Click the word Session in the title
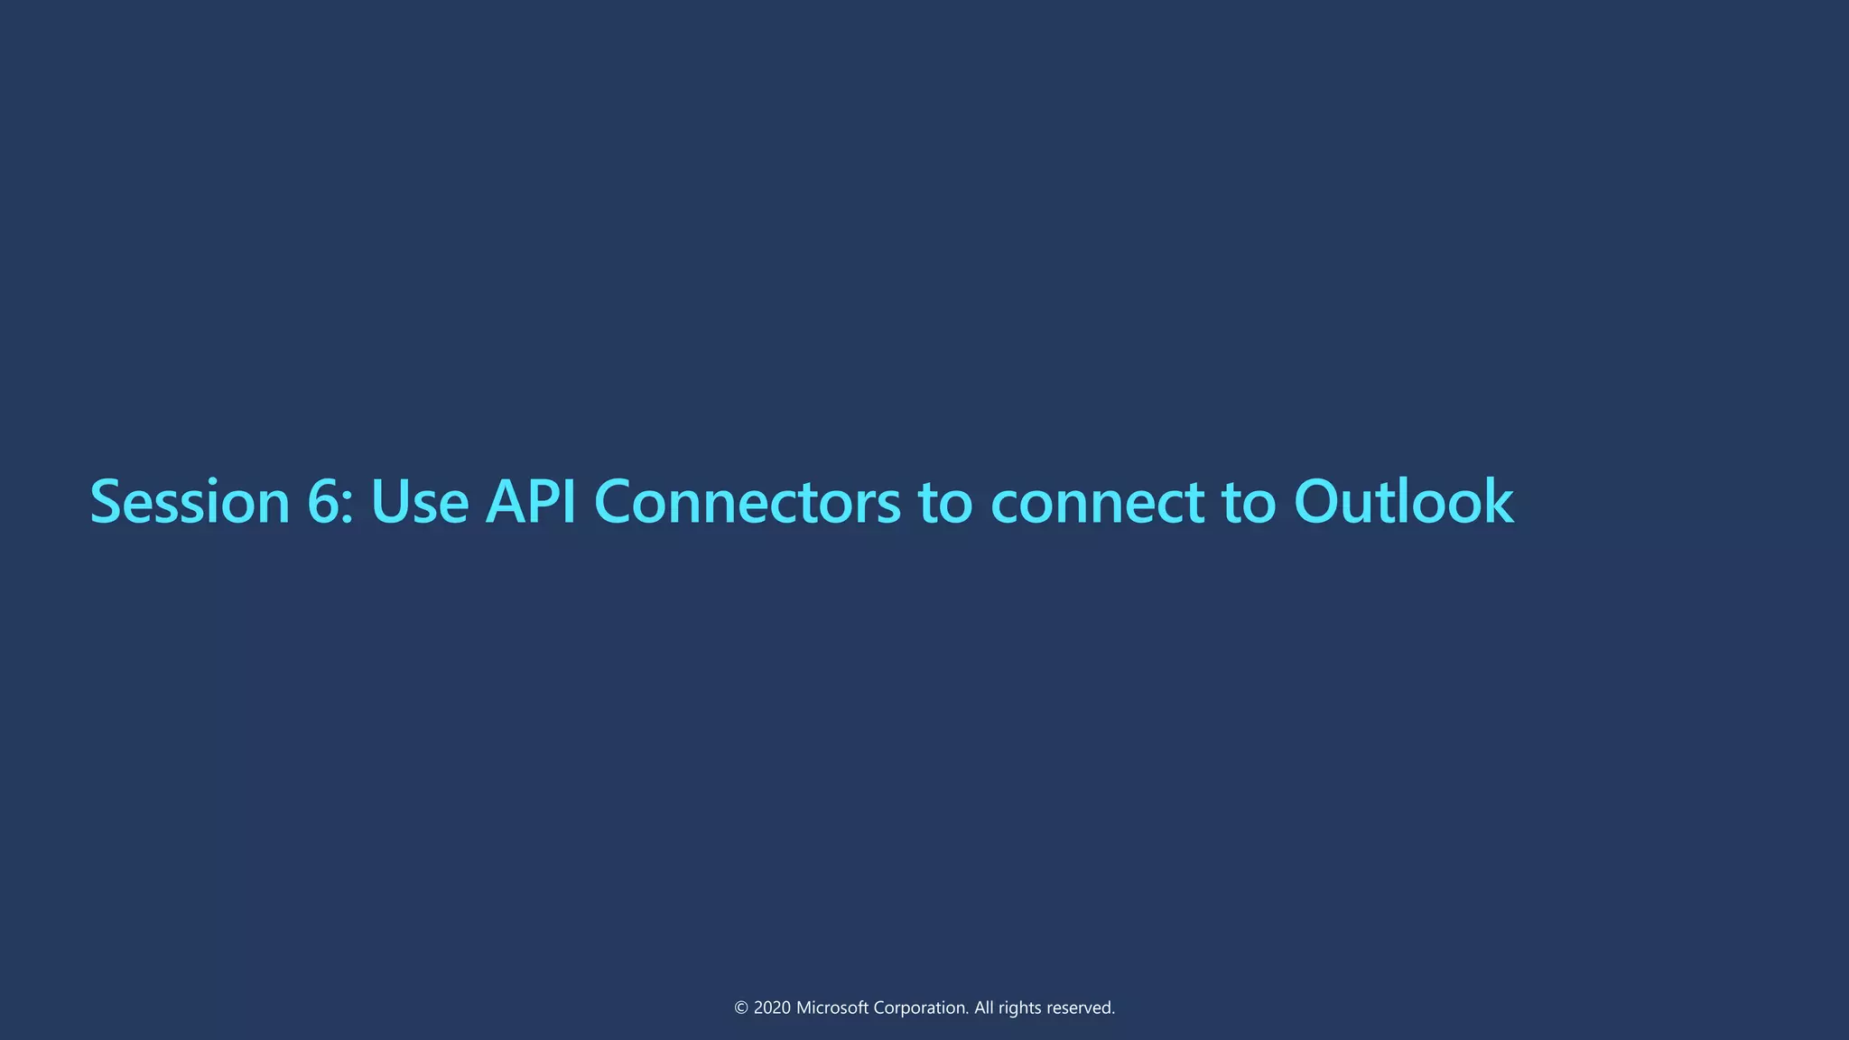click(190, 502)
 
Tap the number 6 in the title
click(323, 502)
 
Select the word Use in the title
click(419, 502)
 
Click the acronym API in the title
click(531, 502)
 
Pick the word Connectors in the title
click(748, 502)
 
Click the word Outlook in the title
click(1403, 502)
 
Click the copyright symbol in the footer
click(741, 1008)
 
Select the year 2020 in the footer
click(772, 1008)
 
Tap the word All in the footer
click(984, 1008)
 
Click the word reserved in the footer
click(1081, 1008)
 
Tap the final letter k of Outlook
click(1499, 502)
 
